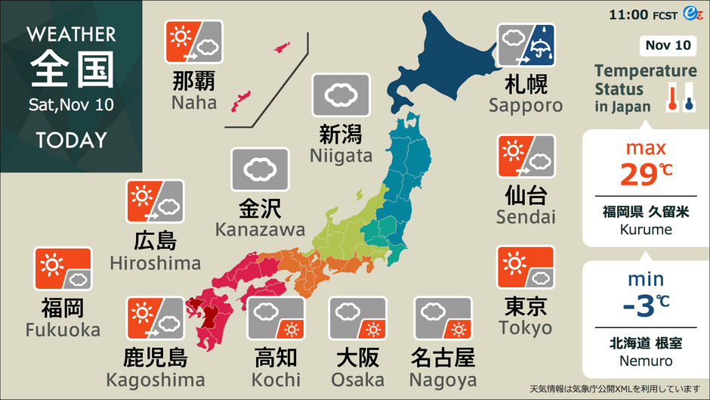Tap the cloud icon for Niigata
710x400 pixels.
click(341, 95)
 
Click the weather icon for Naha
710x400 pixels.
click(194, 42)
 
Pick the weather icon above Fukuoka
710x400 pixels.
click(63, 269)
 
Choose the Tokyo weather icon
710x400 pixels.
click(526, 268)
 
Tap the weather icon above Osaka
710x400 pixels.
click(358, 318)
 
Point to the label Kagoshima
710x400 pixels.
click(155, 380)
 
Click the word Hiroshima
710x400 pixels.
click(155, 263)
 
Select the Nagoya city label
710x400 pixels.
click(443, 380)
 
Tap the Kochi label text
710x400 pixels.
click(276, 380)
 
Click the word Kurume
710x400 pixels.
click(646, 229)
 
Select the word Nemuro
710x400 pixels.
click(646, 361)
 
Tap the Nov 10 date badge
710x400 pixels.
click(668, 45)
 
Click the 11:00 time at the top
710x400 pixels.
click(629, 14)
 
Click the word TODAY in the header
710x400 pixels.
click(71, 141)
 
